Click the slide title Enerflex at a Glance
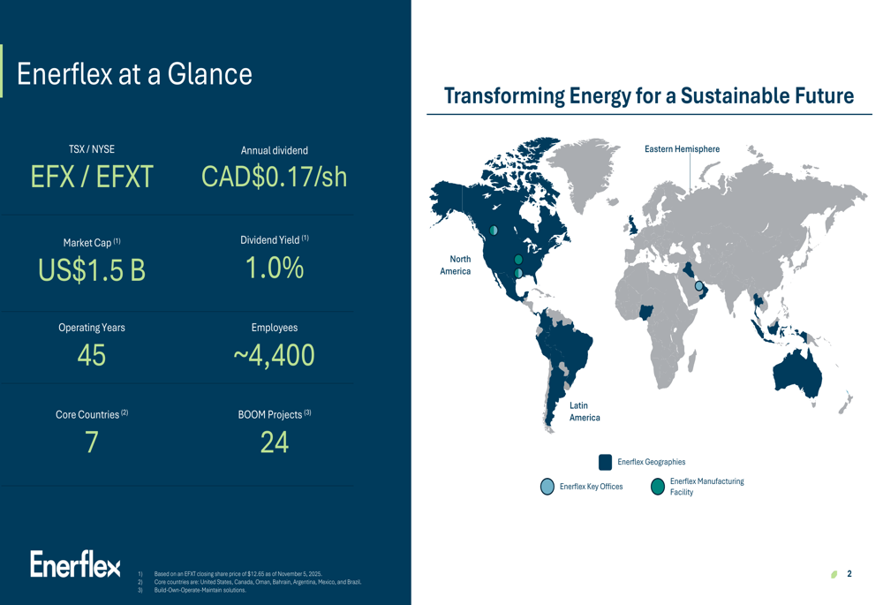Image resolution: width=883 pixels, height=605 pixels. (x=134, y=73)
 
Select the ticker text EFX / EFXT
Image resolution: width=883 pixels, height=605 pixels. (x=92, y=178)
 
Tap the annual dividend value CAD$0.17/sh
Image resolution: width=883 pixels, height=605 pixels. (x=274, y=177)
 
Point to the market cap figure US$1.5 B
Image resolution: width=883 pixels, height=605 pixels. (x=92, y=270)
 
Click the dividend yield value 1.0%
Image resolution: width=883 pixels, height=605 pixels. (x=274, y=268)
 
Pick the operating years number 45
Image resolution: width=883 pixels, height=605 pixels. (x=92, y=355)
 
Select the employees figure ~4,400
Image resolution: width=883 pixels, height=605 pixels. (x=274, y=355)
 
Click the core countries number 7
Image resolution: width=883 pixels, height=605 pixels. (x=92, y=442)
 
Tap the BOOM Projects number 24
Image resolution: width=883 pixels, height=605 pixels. (x=274, y=442)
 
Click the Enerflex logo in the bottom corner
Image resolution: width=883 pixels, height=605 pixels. (x=75, y=565)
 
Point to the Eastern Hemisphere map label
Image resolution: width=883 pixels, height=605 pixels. (x=682, y=149)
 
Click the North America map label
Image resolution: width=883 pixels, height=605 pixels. (x=456, y=265)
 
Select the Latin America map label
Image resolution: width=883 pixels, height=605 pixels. (x=584, y=412)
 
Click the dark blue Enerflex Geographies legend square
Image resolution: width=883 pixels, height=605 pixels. (x=605, y=462)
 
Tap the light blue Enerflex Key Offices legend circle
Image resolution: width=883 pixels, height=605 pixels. (x=547, y=487)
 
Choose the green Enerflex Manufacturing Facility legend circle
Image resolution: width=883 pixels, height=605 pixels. (x=657, y=487)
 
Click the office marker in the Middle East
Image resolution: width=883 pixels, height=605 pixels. (x=699, y=286)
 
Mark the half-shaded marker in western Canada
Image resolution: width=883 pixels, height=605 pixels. (x=494, y=231)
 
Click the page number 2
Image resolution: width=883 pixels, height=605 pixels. (x=849, y=574)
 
